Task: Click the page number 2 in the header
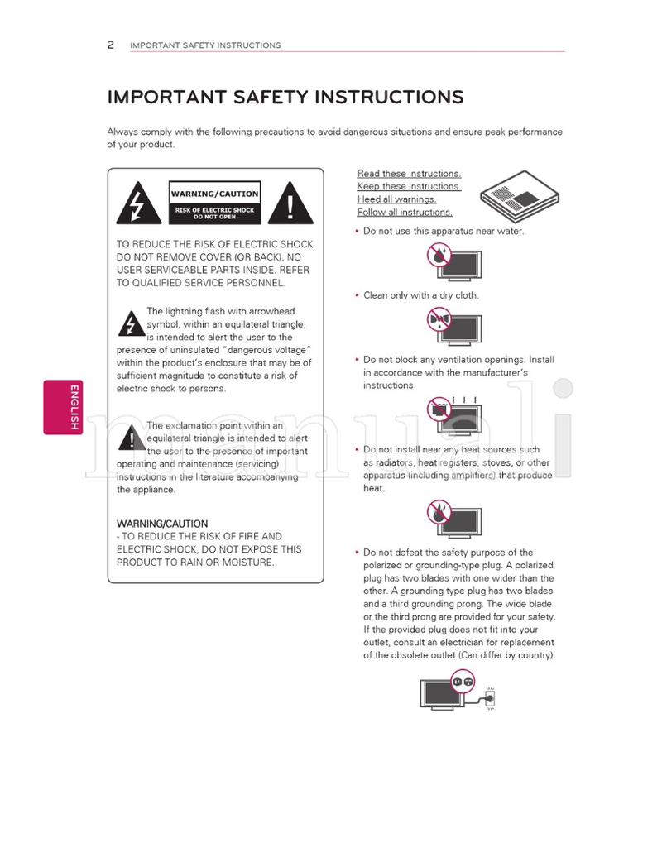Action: coord(111,45)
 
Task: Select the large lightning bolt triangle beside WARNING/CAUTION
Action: coord(134,203)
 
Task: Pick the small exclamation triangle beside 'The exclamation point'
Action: coord(130,438)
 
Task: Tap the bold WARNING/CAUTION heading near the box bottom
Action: coord(162,524)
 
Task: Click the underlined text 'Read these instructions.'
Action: coord(409,174)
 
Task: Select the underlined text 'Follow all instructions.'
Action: coord(405,213)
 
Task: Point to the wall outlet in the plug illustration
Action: coord(491,699)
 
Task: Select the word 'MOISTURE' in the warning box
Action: coord(246,563)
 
